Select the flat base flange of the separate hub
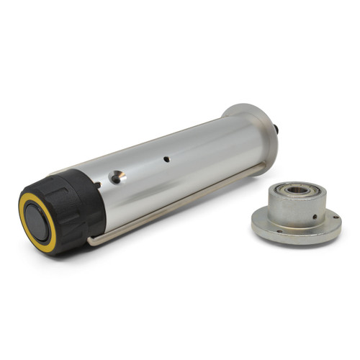295,234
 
